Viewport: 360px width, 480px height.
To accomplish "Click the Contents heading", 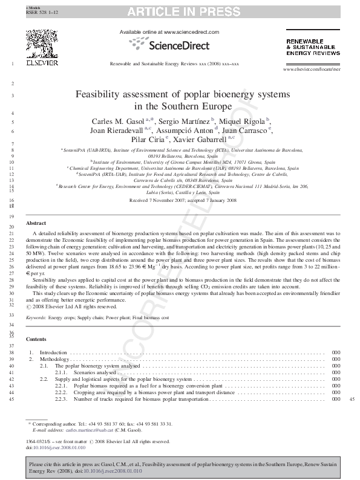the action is tap(37, 339).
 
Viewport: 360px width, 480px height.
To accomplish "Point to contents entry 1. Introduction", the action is tap(53, 352).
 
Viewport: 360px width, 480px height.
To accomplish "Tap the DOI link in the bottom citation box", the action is tap(120, 470).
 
